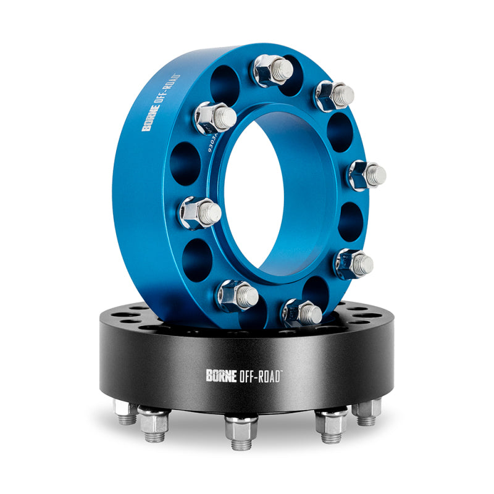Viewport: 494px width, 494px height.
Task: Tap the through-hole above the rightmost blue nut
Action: click(338, 130)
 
